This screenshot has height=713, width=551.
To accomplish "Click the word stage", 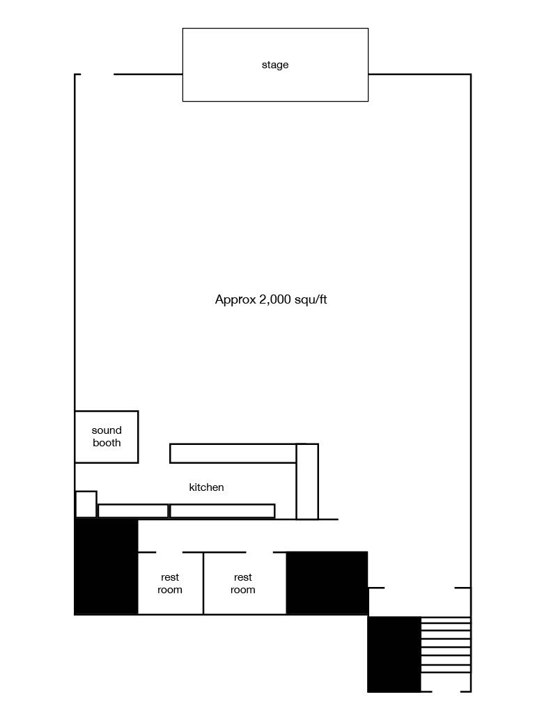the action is [x=275, y=65].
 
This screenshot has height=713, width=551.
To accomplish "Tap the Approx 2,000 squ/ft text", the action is [x=271, y=299].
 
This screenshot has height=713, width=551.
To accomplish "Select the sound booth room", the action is [x=107, y=437].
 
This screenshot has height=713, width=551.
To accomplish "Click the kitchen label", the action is [x=206, y=487].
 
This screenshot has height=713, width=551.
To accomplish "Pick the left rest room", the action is [x=170, y=583].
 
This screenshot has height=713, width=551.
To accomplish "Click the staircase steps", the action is [x=446, y=645].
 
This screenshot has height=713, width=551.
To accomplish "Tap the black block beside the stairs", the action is [x=394, y=654].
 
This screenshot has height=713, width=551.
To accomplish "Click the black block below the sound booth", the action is [x=106, y=567].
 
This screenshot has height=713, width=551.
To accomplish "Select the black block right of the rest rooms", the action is [x=327, y=583].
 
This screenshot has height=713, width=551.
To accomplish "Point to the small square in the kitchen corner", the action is [x=86, y=504].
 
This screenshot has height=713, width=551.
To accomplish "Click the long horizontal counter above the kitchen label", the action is [x=233, y=453].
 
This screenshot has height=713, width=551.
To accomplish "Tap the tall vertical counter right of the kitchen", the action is [x=308, y=482].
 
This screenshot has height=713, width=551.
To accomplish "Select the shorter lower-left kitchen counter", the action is [x=133, y=511].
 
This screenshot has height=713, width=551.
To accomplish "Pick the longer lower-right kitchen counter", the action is [x=222, y=511].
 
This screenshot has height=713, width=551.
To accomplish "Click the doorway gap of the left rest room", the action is [x=169, y=552].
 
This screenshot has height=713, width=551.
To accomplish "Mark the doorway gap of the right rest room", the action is [x=260, y=552].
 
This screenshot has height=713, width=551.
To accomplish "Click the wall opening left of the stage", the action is [x=98, y=74].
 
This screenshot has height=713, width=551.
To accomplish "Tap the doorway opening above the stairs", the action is [x=419, y=588].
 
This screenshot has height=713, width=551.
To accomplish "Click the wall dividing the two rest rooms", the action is [x=203, y=583].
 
